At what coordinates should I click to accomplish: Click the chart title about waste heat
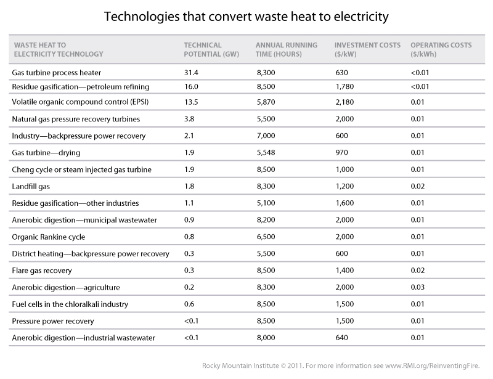(x=246, y=17)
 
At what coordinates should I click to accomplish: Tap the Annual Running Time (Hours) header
(x=287, y=50)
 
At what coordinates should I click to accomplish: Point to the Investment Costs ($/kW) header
(x=367, y=50)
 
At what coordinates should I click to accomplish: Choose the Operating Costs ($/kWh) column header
(x=442, y=50)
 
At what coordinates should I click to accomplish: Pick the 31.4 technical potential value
(x=192, y=72)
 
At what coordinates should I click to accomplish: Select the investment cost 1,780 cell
(x=345, y=87)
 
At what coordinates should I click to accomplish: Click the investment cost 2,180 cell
(x=345, y=102)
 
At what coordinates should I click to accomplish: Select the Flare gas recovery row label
(x=42, y=270)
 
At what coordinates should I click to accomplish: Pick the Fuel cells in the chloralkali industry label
(x=71, y=304)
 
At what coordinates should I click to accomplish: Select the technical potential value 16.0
(x=192, y=87)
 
